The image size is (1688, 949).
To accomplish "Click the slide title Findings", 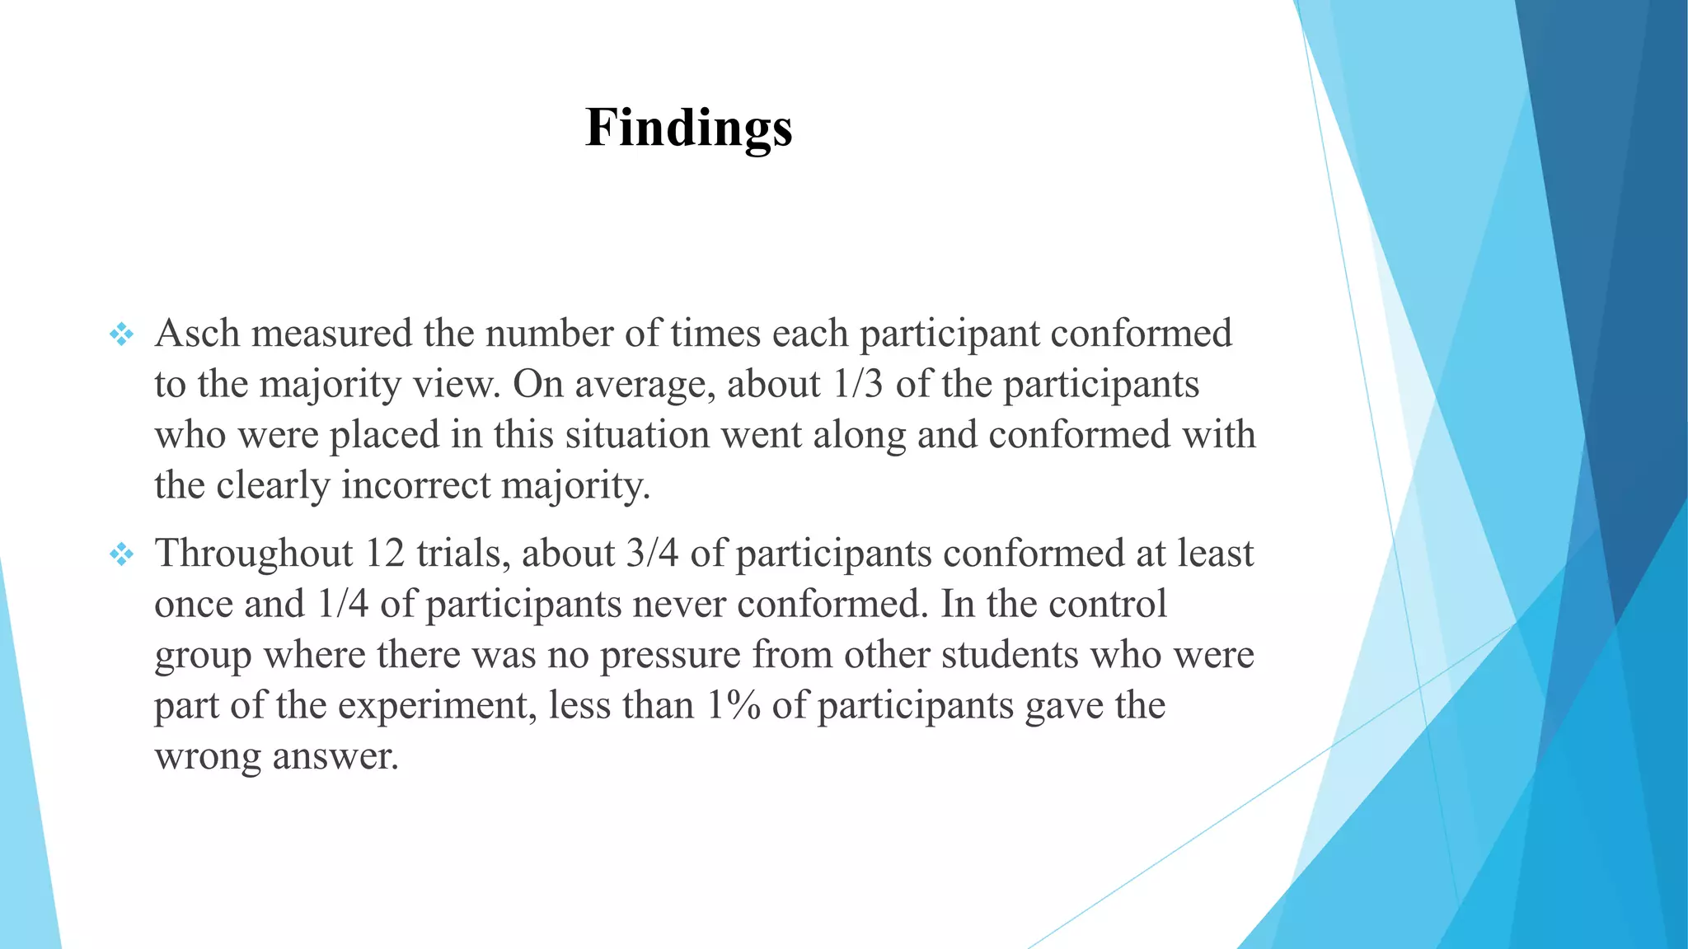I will tap(688, 129).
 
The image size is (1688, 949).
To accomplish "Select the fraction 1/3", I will tap(858, 384).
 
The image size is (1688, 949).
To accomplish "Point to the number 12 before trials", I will tap(384, 553).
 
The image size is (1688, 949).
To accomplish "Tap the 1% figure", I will tap(733, 705).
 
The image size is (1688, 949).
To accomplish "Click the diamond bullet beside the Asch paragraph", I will tap(121, 334).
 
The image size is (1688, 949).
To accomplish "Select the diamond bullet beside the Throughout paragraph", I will tap(121, 554).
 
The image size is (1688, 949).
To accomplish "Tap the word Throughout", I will tap(254, 553).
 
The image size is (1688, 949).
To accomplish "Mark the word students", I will tap(1010, 655).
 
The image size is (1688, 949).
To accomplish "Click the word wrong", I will tap(208, 756).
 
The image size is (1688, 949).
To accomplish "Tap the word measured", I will tap(331, 334).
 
